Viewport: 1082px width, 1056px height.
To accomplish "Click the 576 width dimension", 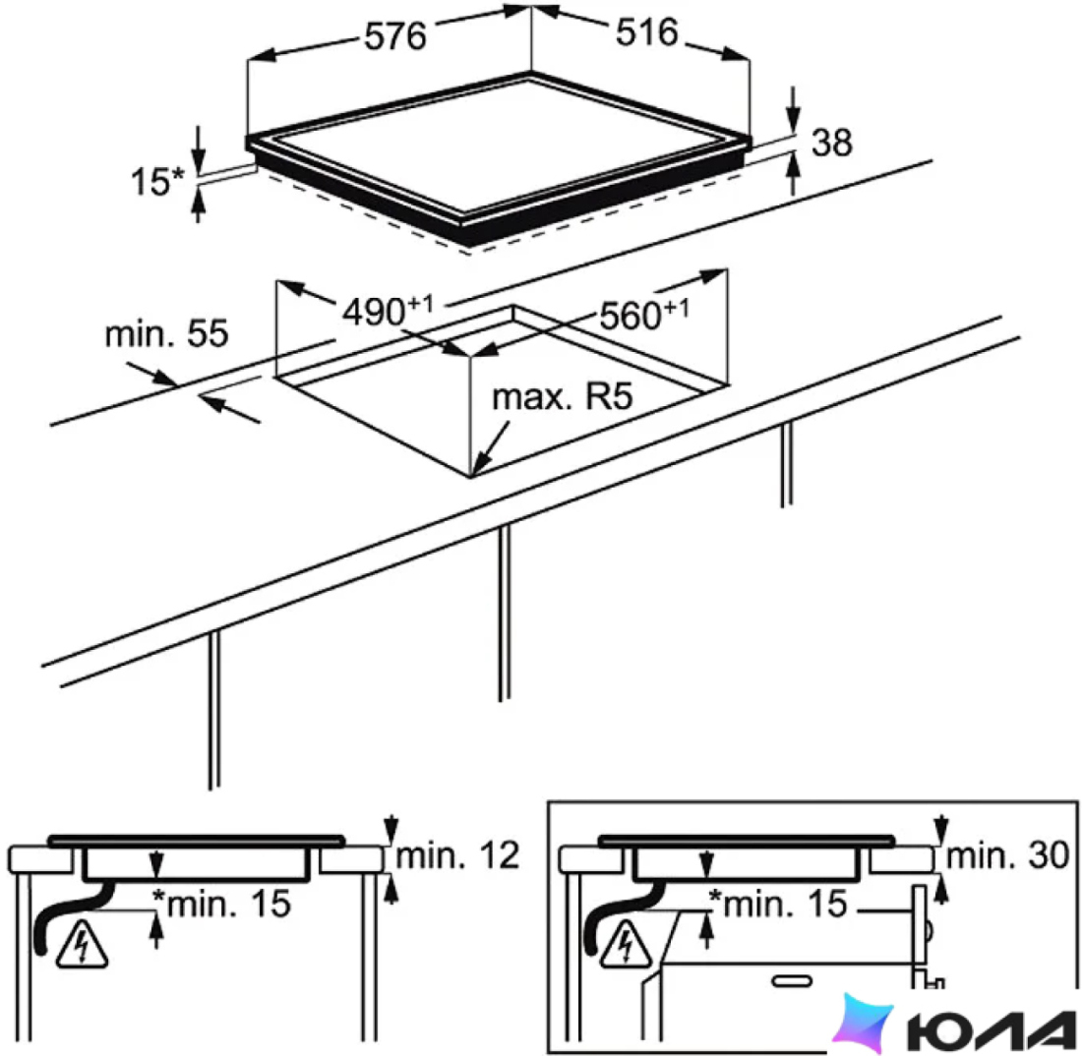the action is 394,35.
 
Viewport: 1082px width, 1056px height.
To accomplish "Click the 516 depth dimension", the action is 646,32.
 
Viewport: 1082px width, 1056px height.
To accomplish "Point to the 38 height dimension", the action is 831,143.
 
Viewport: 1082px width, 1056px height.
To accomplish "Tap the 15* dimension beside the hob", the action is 158,181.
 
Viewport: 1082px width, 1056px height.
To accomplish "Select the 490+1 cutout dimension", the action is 388,311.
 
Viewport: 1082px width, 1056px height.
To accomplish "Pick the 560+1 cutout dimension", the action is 644,315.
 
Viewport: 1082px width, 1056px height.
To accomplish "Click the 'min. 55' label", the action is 166,334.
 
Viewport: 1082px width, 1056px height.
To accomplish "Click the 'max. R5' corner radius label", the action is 563,397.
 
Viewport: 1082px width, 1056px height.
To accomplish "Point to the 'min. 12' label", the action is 457,856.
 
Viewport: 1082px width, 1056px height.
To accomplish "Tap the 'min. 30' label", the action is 1007,856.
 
